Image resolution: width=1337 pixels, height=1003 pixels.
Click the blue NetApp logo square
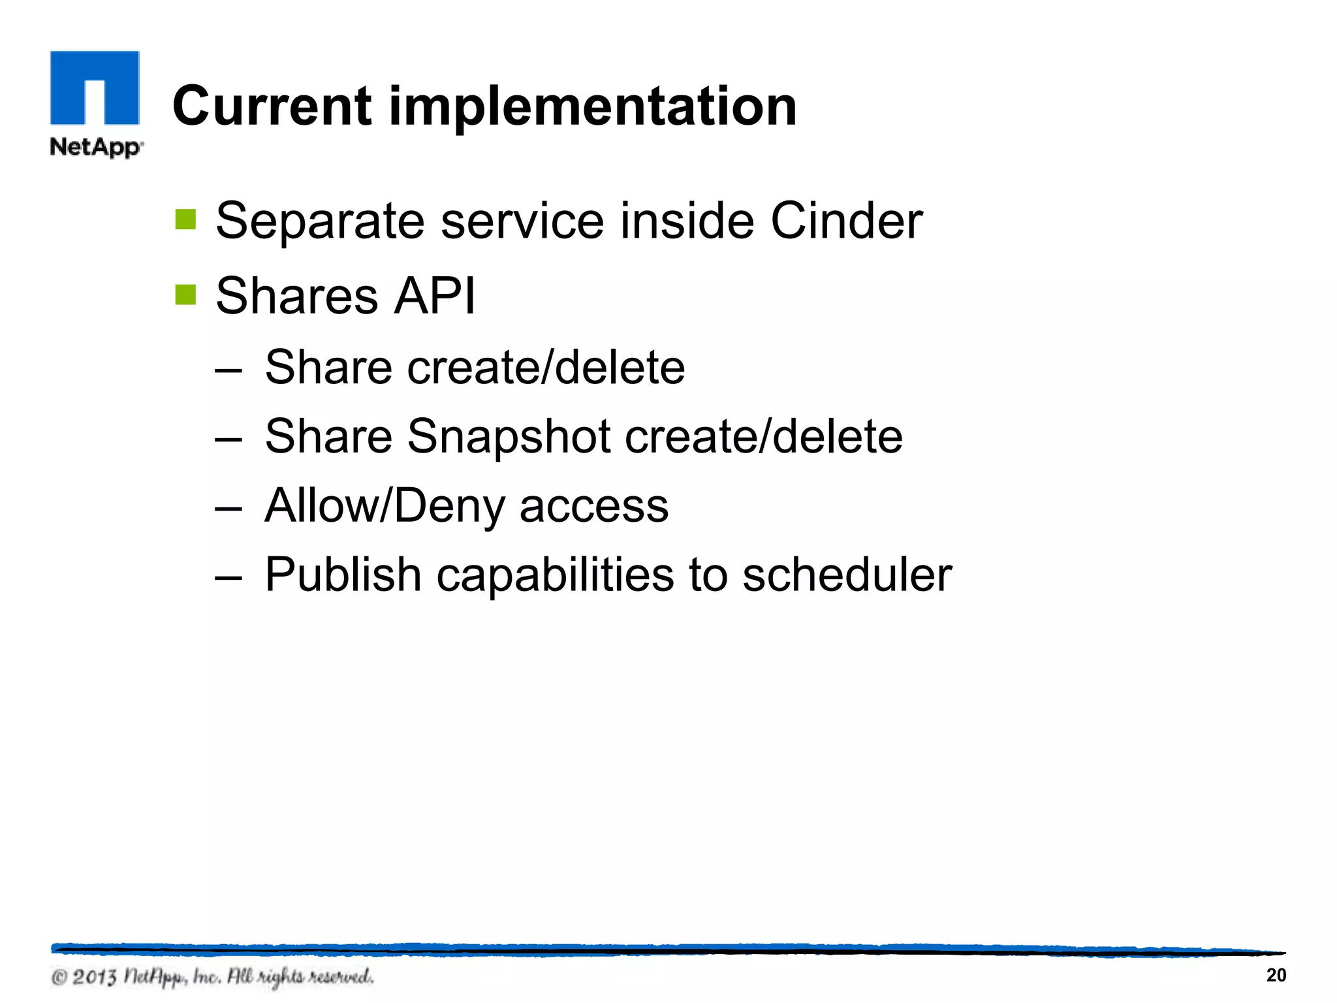pyautogui.click(x=95, y=87)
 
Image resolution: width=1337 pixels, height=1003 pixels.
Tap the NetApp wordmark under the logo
pyautogui.click(x=95, y=146)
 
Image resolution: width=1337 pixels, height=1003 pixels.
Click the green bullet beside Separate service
pyautogui.click(x=185, y=220)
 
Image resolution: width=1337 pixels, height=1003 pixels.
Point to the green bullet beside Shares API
pyautogui.click(x=185, y=295)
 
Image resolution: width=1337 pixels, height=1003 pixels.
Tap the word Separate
pyautogui.click(x=320, y=221)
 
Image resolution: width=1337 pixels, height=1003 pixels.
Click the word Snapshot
pyautogui.click(x=509, y=436)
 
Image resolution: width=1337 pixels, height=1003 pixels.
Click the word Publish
pyautogui.click(x=343, y=575)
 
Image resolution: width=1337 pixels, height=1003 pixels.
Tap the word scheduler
pyautogui.click(x=847, y=575)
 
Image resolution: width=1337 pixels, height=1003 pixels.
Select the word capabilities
pyautogui.click(x=555, y=575)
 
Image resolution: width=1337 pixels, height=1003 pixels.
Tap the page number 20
pyautogui.click(x=1276, y=975)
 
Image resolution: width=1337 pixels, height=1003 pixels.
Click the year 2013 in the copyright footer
pyautogui.click(x=94, y=977)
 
